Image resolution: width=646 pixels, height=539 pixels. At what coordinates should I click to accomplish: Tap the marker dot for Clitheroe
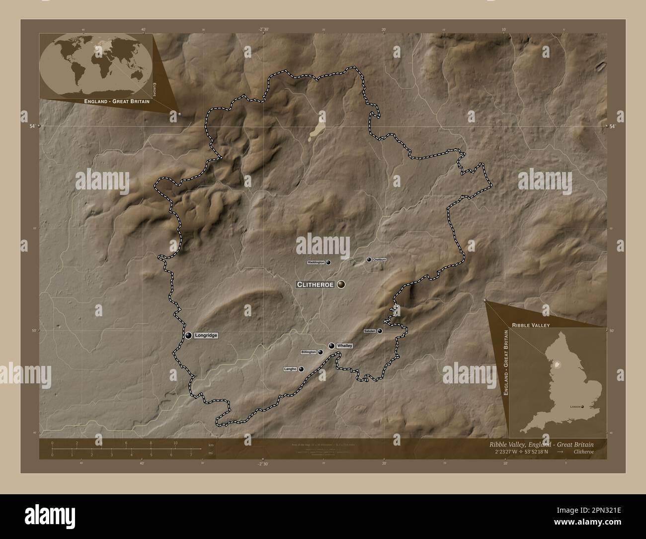pyautogui.click(x=341, y=284)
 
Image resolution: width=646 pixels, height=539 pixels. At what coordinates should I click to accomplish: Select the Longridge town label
pyautogui.click(x=206, y=335)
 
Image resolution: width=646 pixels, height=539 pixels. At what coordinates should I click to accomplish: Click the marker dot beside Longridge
pyautogui.click(x=188, y=335)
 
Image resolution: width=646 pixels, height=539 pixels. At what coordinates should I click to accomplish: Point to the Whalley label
pyautogui.click(x=344, y=346)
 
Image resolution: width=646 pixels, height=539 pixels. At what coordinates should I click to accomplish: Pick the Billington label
pyautogui.click(x=309, y=352)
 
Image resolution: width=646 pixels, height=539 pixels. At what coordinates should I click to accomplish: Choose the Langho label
pyautogui.click(x=290, y=369)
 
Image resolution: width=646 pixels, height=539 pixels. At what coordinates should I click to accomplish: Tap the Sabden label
pyautogui.click(x=369, y=331)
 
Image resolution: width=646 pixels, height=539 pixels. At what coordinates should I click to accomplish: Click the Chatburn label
pyautogui.click(x=380, y=260)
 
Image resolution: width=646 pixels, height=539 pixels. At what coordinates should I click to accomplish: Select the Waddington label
pyautogui.click(x=316, y=262)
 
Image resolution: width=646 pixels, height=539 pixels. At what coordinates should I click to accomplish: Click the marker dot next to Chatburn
pyautogui.click(x=369, y=260)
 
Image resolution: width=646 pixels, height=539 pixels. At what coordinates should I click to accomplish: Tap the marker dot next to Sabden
pyautogui.click(x=380, y=331)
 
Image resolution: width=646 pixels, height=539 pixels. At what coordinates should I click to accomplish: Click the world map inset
pyautogui.click(x=97, y=65)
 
